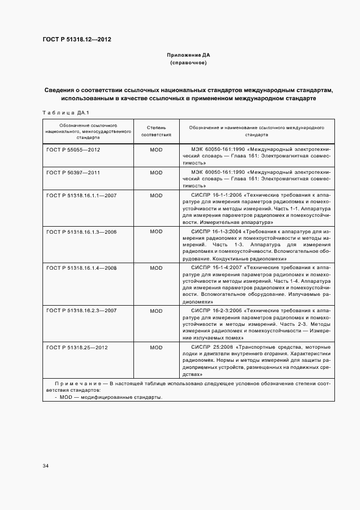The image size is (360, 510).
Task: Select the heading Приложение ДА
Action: [188, 55]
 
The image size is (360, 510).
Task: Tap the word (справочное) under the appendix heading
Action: [188, 63]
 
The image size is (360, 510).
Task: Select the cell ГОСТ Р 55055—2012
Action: [74, 149]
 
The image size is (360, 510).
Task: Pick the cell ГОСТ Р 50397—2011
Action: [74, 172]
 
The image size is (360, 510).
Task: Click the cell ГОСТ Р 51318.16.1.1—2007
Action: [82, 195]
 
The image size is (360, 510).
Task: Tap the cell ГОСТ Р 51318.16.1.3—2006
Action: [82, 232]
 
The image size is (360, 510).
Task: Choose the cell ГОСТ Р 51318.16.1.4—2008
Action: [82, 268]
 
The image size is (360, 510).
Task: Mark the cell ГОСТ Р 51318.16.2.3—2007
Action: [82, 311]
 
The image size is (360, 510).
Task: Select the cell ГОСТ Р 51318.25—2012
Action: [78, 347]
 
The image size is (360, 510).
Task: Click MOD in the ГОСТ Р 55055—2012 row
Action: [156, 149]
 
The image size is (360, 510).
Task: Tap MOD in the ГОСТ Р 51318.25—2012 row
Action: [156, 347]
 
